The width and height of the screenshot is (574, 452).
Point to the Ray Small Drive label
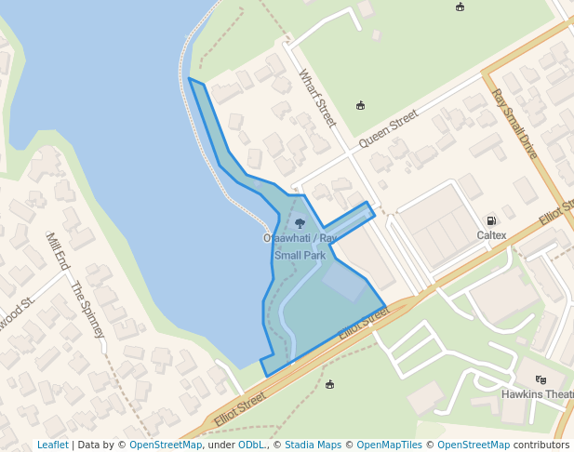pos(514,124)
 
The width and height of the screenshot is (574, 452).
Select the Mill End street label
pos(58,251)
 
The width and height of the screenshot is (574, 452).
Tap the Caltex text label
pos(491,235)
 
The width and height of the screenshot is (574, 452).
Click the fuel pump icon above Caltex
pos(490,220)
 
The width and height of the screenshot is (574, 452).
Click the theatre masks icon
pos(541,379)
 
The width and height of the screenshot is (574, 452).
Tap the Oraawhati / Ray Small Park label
pos(300,246)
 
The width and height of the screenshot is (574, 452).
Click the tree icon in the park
pos(300,223)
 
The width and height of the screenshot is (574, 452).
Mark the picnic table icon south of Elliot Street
pos(330,384)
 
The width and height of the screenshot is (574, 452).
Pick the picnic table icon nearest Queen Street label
pos(360,105)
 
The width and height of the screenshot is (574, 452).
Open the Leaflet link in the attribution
pos(53,445)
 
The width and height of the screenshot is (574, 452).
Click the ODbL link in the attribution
pos(250,445)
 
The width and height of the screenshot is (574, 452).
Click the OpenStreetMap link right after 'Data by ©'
pos(166,445)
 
